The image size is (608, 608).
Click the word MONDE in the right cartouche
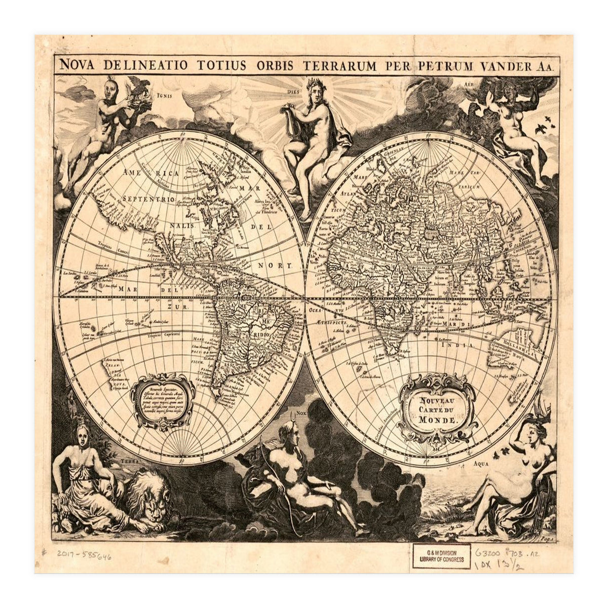click(438, 420)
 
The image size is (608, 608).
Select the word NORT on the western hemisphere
click(282, 265)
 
